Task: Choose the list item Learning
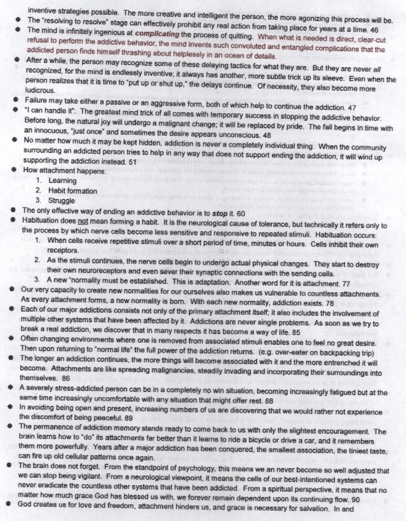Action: coord(62,180)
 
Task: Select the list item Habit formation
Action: coord(72,191)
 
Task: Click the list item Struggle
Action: coord(61,201)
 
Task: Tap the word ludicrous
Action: coord(40,90)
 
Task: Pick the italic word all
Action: coord(377,70)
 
